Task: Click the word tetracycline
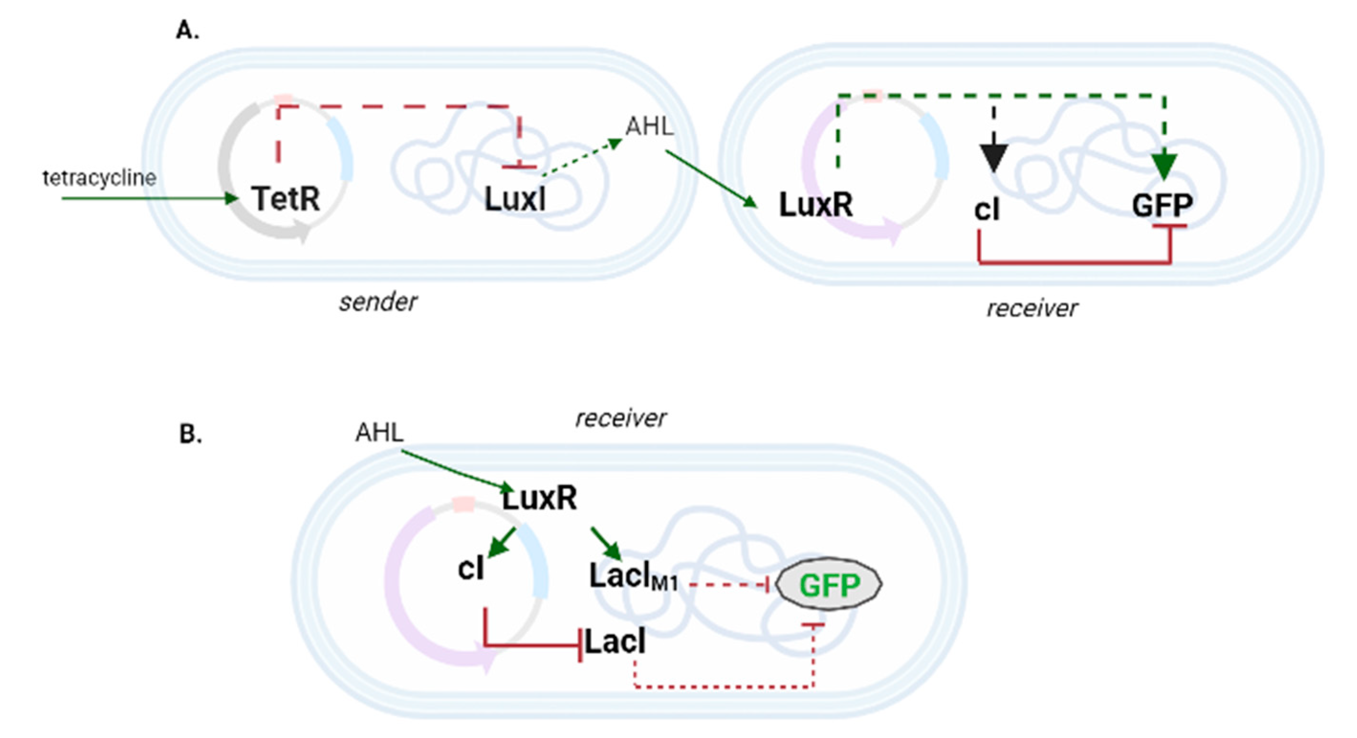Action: [99, 178]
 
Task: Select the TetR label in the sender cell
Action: [285, 199]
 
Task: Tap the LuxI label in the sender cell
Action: [514, 199]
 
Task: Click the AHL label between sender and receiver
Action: [649, 126]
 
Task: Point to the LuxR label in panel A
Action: [815, 204]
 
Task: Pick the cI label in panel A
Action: [986, 209]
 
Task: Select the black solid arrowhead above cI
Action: [994, 157]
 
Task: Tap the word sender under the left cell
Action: [378, 302]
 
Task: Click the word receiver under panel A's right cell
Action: [1031, 308]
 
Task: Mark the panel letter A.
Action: [187, 31]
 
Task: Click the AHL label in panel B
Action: [379, 433]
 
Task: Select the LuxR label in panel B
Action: [539, 498]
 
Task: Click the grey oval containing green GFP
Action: [829, 584]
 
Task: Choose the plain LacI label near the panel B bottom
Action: [615, 642]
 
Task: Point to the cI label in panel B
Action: [471, 568]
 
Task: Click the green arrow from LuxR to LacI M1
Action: [607, 544]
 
